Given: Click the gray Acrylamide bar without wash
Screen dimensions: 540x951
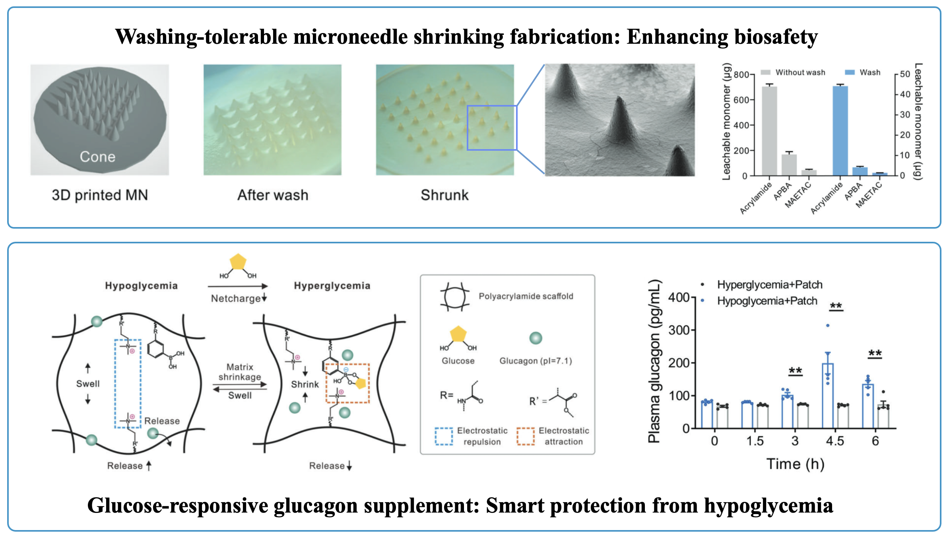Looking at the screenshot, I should pyautogui.click(x=769, y=131).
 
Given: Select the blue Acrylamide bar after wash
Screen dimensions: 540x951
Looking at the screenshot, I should pyautogui.click(x=840, y=131).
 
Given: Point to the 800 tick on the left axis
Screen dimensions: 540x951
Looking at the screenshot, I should pyautogui.click(x=741, y=75).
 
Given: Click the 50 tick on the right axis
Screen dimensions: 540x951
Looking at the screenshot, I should pyautogui.click(x=905, y=74).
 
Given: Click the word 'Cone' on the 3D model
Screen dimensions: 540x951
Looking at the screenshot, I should pyautogui.click(x=97, y=157).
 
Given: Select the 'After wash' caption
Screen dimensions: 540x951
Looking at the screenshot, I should pyautogui.click(x=273, y=195).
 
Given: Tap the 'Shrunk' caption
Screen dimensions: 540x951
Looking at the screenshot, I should pyautogui.click(x=444, y=195).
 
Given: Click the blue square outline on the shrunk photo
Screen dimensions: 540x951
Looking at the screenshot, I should pyautogui.click(x=492, y=128).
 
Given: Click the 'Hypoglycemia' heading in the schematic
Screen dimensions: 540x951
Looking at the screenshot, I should pyautogui.click(x=141, y=286).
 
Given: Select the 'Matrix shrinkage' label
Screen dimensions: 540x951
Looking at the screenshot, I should pyautogui.click(x=240, y=372).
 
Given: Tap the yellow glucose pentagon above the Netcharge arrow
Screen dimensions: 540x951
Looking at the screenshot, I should pyautogui.click(x=238, y=262).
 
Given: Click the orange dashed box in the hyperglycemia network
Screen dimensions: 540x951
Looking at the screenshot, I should pyautogui.click(x=348, y=383).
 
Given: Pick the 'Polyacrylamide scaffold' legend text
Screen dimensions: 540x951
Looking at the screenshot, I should pyautogui.click(x=526, y=296).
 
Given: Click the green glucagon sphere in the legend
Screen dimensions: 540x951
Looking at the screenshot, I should pyautogui.click(x=536, y=338).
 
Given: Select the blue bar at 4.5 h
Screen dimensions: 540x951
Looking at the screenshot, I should pyautogui.click(x=828, y=396).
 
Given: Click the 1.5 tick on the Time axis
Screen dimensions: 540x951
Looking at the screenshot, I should pyautogui.click(x=755, y=441).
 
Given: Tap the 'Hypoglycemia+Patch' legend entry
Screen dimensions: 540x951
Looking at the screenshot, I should pyautogui.click(x=767, y=301).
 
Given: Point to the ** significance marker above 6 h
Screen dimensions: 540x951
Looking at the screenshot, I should pyautogui.click(x=875, y=354).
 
